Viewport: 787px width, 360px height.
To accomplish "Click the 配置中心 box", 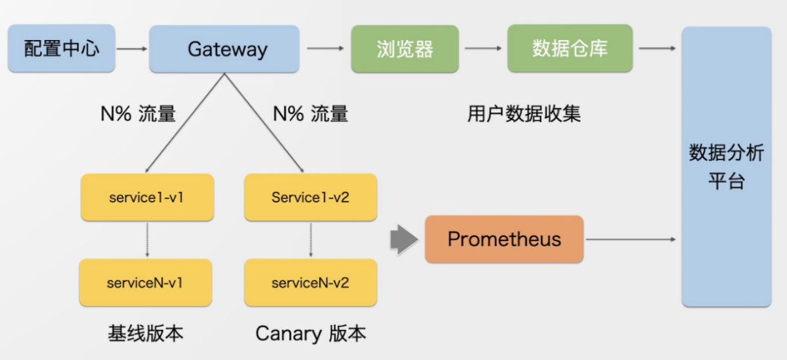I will pyautogui.click(x=61, y=49).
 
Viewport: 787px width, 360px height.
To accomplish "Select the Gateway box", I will pyautogui.click(x=224, y=49).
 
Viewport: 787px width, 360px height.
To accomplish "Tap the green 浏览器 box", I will pyautogui.click(x=405, y=49).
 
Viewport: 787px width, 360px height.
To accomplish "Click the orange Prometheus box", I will pyautogui.click(x=504, y=239).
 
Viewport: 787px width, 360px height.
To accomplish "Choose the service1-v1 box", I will pyautogui.click(x=146, y=197).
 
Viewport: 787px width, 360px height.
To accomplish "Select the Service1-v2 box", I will pyautogui.click(x=310, y=197).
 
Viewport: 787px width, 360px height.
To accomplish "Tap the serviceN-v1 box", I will pyautogui.click(x=145, y=283).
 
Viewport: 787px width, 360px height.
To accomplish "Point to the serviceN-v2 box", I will pyautogui.click(x=310, y=283).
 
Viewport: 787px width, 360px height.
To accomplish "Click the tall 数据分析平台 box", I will pyautogui.click(x=726, y=166).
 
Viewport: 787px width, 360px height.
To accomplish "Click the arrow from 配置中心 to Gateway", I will pyautogui.click(x=131, y=49).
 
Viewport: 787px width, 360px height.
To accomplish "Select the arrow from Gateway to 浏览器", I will pyautogui.click(x=325, y=49).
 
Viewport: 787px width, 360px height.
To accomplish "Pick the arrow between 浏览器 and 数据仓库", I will pyautogui.click(x=483, y=49).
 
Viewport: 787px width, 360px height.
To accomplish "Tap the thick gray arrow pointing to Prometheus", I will pyautogui.click(x=404, y=239).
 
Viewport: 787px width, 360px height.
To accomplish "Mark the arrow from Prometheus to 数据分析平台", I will pyautogui.click(x=631, y=239).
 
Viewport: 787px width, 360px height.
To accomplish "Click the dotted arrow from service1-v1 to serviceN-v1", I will pyautogui.click(x=147, y=240).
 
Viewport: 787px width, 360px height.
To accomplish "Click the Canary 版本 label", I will pyautogui.click(x=310, y=334).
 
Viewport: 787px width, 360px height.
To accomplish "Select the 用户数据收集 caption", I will pyautogui.click(x=524, y=114).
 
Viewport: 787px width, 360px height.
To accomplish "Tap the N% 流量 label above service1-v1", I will pyautogui.click(x=138, y=114).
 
